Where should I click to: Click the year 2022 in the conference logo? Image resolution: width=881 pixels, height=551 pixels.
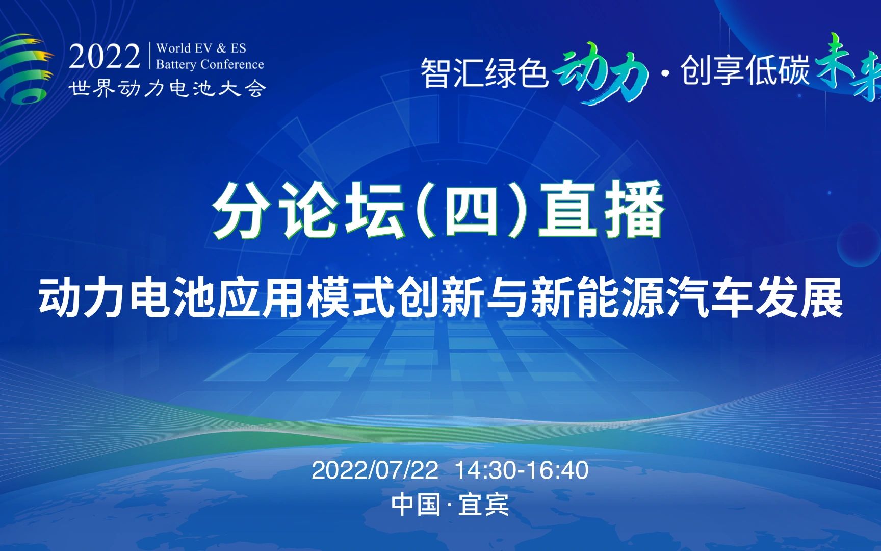(x=105, y=56)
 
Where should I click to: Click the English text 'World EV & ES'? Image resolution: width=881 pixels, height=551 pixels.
(x=201, y=48)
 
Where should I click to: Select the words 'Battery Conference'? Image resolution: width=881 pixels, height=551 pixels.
(x=210, y=64)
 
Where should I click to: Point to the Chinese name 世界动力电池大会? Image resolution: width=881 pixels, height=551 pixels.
(x=167, y=89)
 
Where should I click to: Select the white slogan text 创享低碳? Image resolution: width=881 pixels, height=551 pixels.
(x=745, y=70)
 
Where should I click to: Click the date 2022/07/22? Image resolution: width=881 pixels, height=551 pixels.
(x=375, y=470)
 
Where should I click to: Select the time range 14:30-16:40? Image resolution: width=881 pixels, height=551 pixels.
(x=521, y=470)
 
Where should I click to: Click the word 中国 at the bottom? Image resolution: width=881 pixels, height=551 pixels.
(x=416, y=505)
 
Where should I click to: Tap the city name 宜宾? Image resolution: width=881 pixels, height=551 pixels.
(x=483, y=505)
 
